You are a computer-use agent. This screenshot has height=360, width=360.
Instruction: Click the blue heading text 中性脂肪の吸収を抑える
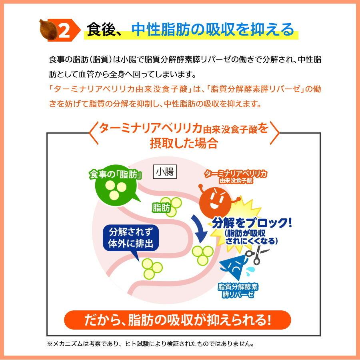(x=212, y=29)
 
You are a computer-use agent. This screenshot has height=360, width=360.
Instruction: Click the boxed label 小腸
(x=165, y=172)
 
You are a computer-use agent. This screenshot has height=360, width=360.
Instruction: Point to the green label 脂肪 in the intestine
(x=161, y=208)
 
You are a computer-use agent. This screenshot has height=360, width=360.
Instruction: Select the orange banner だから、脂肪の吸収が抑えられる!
(x=178, y=320)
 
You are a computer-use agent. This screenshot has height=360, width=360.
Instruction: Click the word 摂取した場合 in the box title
(x=184, y=143)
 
